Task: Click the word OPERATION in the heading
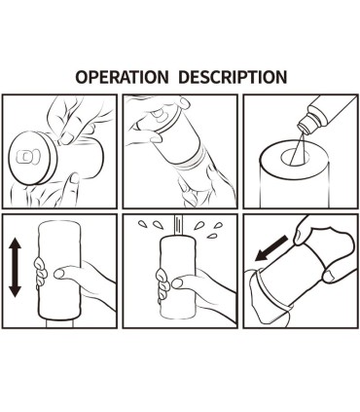122,77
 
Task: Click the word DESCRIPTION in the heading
233,77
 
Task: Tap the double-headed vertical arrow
15,267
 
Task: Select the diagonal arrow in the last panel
271,248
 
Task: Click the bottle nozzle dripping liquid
305,124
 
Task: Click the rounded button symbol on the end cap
28,157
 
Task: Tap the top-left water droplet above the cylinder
142,223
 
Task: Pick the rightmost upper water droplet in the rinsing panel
219,225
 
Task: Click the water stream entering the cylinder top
178,226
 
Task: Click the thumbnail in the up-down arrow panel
59,274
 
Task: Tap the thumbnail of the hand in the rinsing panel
177,283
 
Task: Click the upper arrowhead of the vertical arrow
15,243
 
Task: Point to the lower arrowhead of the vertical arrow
15,292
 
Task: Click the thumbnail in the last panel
330,277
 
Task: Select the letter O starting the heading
82,77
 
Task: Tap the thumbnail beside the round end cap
67,139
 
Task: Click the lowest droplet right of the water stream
212,236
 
